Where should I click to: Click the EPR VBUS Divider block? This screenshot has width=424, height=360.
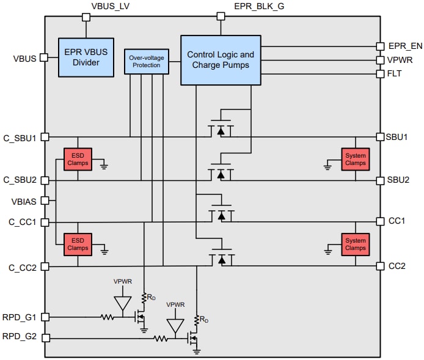tap(86, 57)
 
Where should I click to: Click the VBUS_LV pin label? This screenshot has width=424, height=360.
tap(110, 7)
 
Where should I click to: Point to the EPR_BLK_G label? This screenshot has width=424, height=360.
tap(258, 7)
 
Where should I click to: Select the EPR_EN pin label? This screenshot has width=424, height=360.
tap(405, 45)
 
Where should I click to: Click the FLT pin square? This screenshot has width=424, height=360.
tap(379, 73)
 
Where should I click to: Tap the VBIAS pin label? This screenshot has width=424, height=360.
tap(23, 201)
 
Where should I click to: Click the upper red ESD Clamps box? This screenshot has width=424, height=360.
tap(78, 160)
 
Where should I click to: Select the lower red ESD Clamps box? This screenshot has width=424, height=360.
tap(78, 244)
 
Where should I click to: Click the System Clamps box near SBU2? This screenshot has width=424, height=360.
tap(355, 160)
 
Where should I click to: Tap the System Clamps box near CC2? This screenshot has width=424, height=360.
tap(355, 244)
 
